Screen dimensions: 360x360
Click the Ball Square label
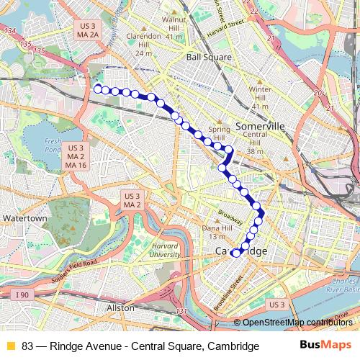coord(209,56)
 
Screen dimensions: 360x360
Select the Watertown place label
coord(24,217)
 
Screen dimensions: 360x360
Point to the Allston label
coord(120,307)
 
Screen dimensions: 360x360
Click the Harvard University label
coord(165,250)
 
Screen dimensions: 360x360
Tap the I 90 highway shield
coord(23,294)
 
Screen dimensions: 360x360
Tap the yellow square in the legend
coord(10,346)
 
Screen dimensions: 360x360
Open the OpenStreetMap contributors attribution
coord(297,322)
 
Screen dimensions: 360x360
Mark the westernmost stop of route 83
coord(97,89)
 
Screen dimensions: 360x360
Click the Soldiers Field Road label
coord(73,271)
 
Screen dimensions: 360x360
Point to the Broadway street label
coord(230,215)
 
